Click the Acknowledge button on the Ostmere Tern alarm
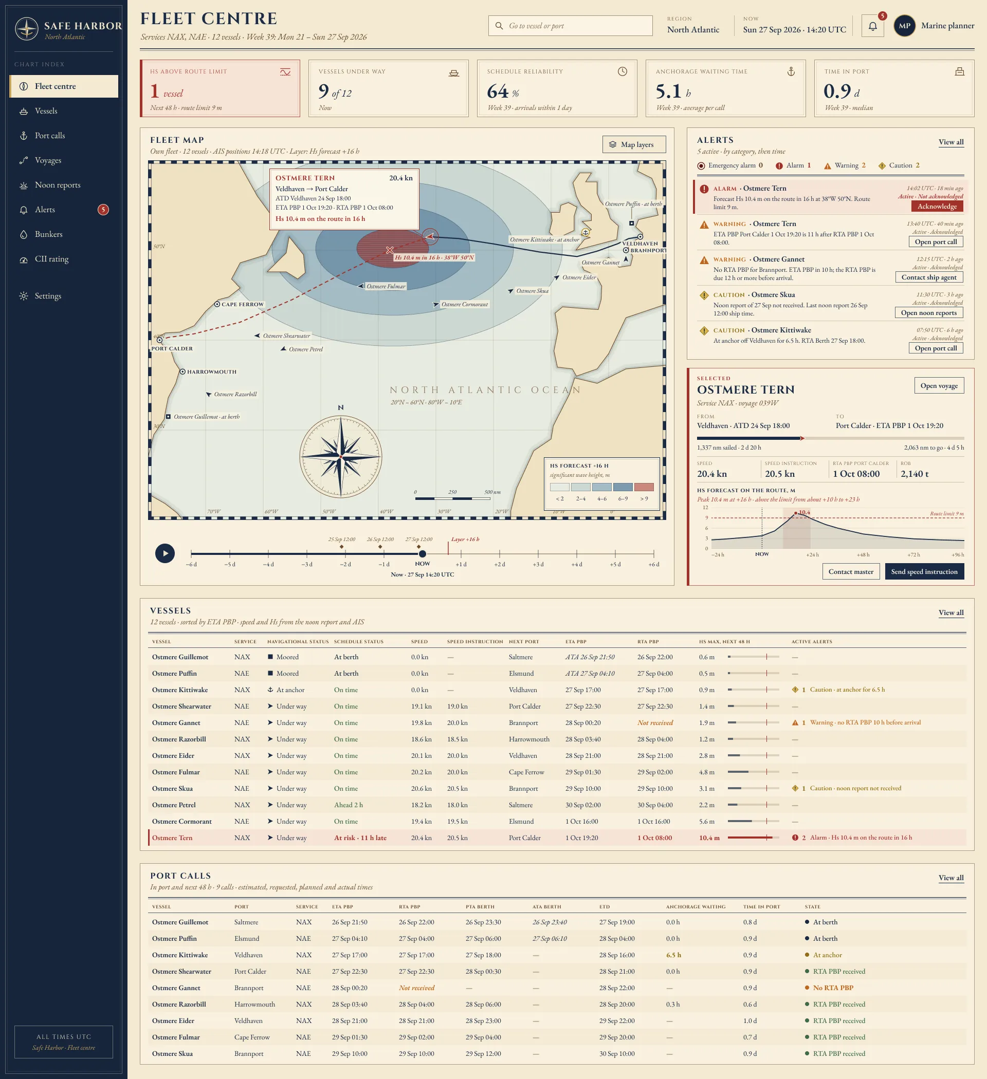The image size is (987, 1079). click(x=937, y=207)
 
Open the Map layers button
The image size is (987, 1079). click(x=634, y=144)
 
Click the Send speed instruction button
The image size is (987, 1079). click(x=924, y=571)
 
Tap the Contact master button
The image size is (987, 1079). click(x=850, y=571)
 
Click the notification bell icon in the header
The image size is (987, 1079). click(x=872, y=26)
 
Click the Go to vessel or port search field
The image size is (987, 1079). click(x=570, y=26)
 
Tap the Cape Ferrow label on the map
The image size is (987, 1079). click(x=243, y=305)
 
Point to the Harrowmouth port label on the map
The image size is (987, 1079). click(x=212, y=372)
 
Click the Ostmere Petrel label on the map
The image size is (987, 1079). click(x=306, y=349)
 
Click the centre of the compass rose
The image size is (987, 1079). click(x=341, y=457)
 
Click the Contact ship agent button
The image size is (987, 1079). click(x=928, y=277)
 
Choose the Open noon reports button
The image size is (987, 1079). click(x=928, y=313)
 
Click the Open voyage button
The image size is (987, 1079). click(x=939, y=386)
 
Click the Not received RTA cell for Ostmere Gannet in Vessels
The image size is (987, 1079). click(x=655, y=723)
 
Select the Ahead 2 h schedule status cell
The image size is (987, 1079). click(x=348, y=806)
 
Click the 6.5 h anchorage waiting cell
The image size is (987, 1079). click(x=673, y=955)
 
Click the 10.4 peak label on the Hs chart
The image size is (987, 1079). click(x=804, y=513)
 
